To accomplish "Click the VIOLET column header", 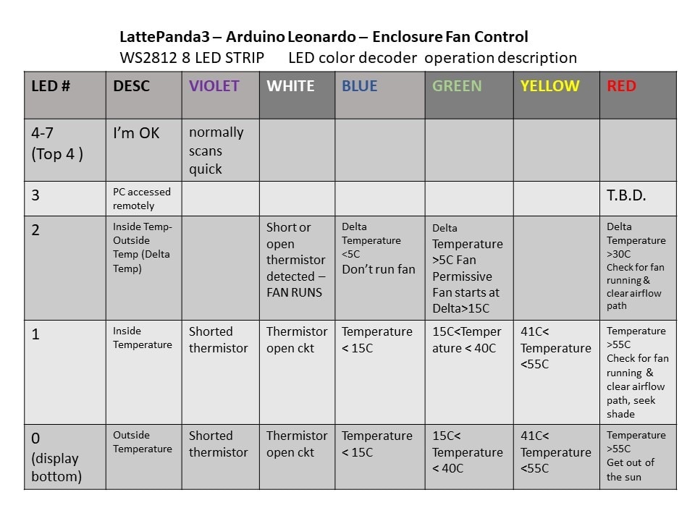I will click(214, 86).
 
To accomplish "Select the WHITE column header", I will click(290, 86).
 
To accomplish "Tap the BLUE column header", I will click(360, 86).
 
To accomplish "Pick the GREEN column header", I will click(457, 86).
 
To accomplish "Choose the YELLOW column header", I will click(549, 86).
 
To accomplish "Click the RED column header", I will click(621, 86).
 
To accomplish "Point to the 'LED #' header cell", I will click(51, 86).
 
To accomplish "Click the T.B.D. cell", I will click(626, 196).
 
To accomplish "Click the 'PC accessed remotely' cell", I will click(142, 198).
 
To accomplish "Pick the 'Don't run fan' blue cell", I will click(379, 248).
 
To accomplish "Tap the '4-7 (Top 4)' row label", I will click(57, 143).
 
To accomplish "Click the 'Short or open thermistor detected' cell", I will click(297, 260).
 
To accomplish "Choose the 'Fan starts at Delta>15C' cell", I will click(467, 268).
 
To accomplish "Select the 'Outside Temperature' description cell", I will click(142, 442).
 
